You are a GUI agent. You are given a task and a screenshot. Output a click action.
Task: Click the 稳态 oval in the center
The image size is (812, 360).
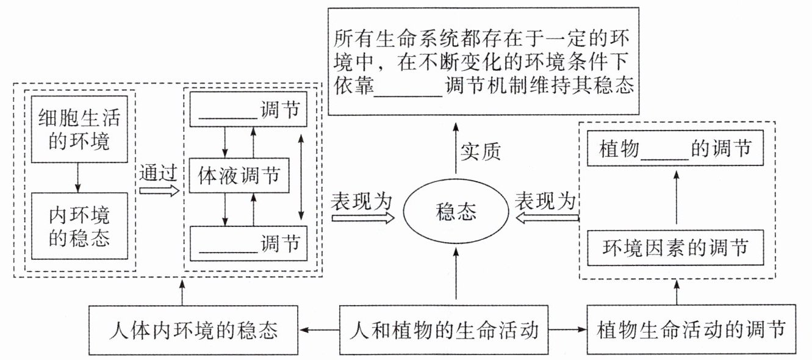coord(457,212)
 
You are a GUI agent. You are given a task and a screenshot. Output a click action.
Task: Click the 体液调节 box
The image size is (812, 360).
coord(239,176)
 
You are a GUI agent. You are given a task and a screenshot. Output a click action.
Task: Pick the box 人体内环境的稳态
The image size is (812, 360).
coord(193,331)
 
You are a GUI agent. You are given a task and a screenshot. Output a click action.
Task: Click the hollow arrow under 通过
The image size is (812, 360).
coord(159,190)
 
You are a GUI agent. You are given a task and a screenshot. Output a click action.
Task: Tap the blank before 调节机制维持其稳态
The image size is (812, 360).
coord(407,86)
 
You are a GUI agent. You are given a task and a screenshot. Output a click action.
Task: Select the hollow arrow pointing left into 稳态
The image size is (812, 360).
coord(547,218)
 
